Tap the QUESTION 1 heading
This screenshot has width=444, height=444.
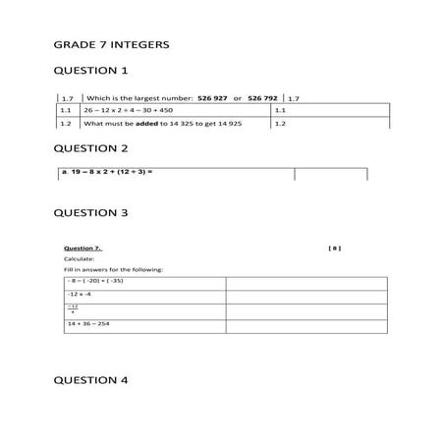point(89,71)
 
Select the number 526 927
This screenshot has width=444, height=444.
point(213,98)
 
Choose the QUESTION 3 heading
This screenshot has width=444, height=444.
point(89,212)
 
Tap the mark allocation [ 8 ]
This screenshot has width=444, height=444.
point(334,249)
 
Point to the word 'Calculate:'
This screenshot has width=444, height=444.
point(79,259)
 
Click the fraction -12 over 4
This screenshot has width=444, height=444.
point(73,309)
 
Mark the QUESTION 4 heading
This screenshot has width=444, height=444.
point(89,380)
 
